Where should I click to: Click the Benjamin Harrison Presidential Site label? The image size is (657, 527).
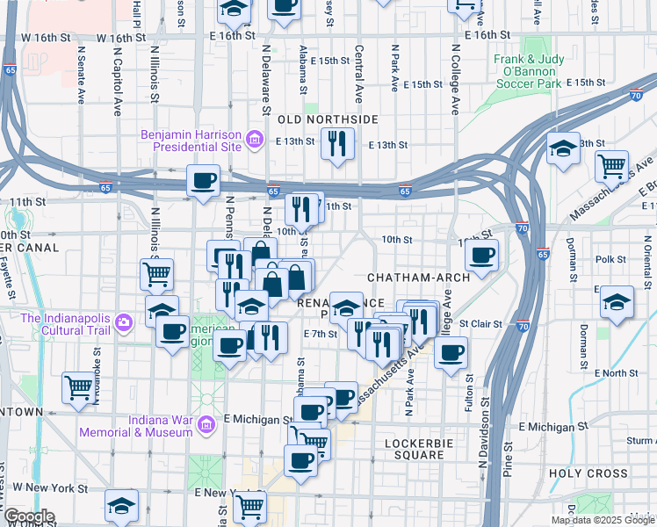click(191, 141)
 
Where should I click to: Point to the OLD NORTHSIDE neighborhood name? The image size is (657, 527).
click(328, 119)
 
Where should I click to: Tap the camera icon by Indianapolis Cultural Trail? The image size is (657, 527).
click(123, 323)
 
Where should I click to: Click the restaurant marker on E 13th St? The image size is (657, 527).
click(337, 144)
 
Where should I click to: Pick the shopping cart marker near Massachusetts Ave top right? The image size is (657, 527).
click(611, 165)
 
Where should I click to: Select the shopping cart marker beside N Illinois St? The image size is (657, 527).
click(156, 273)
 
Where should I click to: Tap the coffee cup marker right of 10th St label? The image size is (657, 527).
click(481, 256)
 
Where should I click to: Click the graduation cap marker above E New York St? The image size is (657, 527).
click(121, 505)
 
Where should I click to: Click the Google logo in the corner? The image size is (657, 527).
click(29, 517)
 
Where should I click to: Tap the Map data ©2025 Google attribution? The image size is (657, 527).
click(603, 520)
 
